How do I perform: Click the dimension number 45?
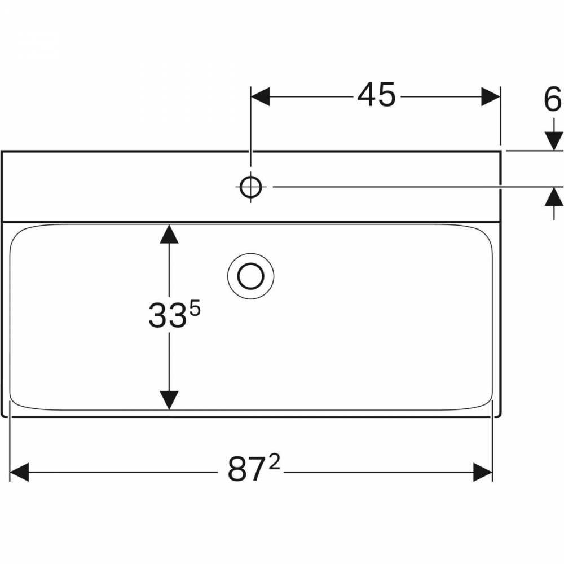coord(376,95)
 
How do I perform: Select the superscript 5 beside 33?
coord(195,309)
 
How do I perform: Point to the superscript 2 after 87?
coord(274,462)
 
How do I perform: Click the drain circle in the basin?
coord(251,276)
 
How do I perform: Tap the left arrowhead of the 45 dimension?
coord(261,97)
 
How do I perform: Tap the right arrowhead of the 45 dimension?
coord(491,97)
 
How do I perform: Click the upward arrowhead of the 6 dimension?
coord(554,197)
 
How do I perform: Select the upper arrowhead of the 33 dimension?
coord(169,234)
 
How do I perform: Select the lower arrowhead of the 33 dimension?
coord(169,400)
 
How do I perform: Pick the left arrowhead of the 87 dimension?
coord(19,472)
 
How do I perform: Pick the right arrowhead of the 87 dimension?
coord(483,472)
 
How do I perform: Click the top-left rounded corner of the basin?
coord(16,232)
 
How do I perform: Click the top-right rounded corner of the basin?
coord(486,232)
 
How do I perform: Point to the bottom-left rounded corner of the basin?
coord(15,404)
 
